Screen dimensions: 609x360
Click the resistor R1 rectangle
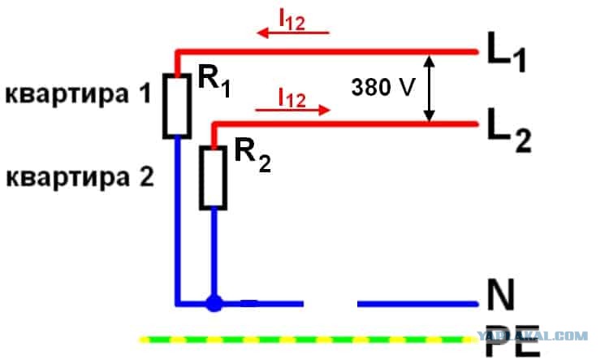tap(164, 106)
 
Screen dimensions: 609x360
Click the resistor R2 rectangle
tap(201, 178)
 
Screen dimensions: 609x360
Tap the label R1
tap(214, 81)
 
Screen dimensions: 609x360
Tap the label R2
tap(253, 156)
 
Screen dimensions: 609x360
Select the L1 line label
tap(507, 52)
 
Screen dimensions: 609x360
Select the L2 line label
tap(509, 130)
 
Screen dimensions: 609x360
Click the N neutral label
tap(500, 294)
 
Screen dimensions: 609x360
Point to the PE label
tap(512, 340)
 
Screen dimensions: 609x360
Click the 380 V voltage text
tap(383, 87)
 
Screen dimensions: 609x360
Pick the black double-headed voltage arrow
tap(429, 89)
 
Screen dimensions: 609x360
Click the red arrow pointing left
tap(293, 33)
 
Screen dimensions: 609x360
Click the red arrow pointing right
tap(292, 110)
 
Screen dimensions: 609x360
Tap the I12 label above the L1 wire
tap(292, 20)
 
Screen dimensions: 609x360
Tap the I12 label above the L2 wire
tap(292, 98)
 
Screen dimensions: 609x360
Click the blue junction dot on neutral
tap(214, 303)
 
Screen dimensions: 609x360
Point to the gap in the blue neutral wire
tap(330, 303)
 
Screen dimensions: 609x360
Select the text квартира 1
tap(78, 94)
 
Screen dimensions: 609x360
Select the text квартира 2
tap(80, 178)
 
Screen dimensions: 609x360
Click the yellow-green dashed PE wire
tap(308, 340)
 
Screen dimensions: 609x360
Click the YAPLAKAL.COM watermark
tap(532, 336)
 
